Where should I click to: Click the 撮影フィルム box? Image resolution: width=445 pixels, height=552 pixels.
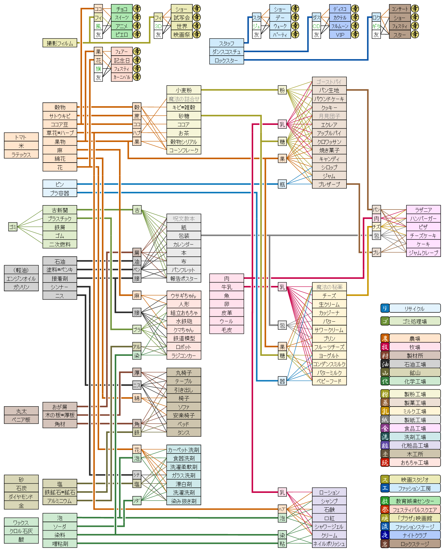60,43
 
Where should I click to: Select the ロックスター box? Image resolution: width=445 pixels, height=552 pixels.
226,60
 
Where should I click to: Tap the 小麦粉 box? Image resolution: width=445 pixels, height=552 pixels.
184,90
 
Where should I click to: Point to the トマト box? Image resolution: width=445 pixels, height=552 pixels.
21,137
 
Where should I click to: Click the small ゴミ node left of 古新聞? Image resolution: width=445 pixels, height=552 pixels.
13,227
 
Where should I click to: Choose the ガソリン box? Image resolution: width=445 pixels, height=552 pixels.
21,287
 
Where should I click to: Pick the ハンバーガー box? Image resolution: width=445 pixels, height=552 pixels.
423,218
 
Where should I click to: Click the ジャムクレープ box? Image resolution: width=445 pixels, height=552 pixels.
423,253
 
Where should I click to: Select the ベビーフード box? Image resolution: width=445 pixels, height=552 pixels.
329,381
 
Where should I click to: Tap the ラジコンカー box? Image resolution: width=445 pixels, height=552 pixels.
184,355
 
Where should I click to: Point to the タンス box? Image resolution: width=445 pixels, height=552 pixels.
184,432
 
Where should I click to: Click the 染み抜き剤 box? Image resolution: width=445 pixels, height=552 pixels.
184,501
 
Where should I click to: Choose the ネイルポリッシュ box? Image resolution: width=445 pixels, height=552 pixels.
329,544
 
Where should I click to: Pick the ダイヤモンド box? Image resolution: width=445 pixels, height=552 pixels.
21,497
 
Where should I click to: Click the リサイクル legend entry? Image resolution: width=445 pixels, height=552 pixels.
415,308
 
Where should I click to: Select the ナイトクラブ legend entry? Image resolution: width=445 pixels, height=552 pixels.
415,535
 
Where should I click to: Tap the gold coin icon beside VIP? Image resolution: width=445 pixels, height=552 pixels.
355,34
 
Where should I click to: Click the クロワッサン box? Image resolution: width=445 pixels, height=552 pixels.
329,142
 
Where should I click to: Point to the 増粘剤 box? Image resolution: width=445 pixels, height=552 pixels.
60,544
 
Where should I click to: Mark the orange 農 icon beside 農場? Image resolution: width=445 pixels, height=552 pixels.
385,338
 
